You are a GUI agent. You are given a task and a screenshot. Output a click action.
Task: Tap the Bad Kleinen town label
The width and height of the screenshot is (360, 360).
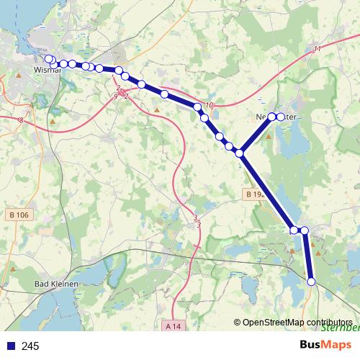coord(57,284)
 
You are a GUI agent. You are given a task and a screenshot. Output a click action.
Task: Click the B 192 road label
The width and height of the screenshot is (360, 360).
coord(253,194)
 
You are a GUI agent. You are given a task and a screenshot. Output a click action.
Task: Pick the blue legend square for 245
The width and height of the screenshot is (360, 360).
coord(9,346)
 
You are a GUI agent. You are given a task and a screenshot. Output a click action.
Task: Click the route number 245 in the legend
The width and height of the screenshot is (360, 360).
coord(31,346)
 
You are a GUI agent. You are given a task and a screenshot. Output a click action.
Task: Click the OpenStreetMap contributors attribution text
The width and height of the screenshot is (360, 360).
coord(297,322)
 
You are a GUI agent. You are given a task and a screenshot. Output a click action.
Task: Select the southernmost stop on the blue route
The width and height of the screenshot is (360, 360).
coord(312,282)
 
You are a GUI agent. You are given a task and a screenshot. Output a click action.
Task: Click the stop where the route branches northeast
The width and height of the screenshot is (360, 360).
coord(240,153)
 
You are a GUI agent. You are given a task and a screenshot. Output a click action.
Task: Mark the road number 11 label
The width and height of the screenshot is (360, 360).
coord(318,49)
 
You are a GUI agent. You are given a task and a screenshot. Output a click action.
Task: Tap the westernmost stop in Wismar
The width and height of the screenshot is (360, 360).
coord(48,58)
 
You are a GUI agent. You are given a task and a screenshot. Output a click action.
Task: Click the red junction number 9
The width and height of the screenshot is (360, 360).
coord(115,96)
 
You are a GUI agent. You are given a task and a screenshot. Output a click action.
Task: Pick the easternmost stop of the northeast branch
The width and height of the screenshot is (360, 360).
coord(281,116)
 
